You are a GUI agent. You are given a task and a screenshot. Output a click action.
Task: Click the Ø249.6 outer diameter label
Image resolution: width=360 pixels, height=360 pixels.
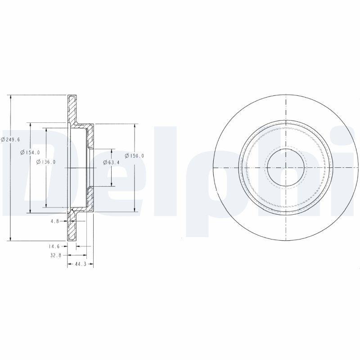click(x=10, y=139)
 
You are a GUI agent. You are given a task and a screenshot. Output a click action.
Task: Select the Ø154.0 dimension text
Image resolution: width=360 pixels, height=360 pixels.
click(x=30, y=153)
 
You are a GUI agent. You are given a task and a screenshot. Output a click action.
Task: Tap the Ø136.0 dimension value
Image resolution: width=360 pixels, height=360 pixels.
click(x=46, y=162)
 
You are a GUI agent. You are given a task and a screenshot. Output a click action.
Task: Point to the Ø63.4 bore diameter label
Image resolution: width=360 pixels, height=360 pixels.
click(x=111, y=162)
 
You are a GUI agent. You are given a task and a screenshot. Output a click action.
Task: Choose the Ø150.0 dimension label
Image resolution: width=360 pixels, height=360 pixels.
click(x=135, y=156)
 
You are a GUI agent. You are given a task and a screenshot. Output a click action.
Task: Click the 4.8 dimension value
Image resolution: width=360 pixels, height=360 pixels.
click(x=55, y=221)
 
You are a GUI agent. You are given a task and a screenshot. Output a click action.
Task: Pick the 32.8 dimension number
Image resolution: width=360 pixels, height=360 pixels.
click(x=54, y=255)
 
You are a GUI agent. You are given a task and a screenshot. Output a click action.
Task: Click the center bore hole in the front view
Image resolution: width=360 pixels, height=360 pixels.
click(x=286, y=167)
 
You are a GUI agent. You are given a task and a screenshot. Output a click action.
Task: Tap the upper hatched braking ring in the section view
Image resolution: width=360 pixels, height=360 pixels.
click(x=72, y=108)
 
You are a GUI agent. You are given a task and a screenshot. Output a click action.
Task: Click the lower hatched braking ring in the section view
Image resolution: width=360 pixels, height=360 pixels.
click(x=72, y=227)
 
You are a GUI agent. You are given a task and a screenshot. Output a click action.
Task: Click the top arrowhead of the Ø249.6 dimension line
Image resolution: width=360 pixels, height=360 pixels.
click(x=10, y=98)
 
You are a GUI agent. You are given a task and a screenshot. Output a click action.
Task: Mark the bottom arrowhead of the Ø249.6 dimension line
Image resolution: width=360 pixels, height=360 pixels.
click(x=10, y=238)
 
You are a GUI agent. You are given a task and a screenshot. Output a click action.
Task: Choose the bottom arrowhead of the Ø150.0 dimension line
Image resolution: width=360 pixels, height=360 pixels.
click(x=135, y=209)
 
